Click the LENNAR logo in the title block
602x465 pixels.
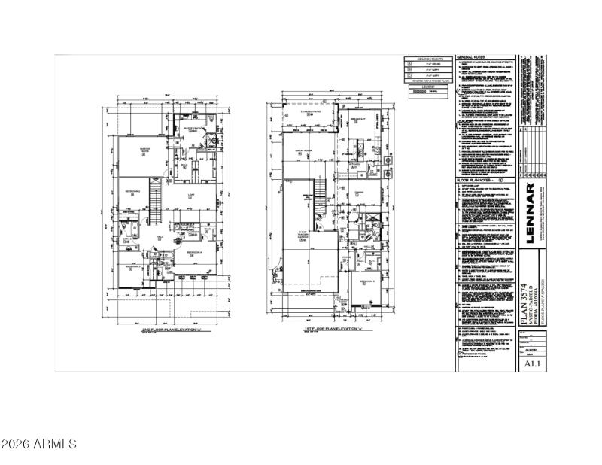point(531,223)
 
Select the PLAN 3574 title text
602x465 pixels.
point(524,304)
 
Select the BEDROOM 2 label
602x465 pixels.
point(133,192)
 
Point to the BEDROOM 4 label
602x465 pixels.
point(195,252)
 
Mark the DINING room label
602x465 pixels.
point(359,192)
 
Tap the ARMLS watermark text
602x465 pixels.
point(39,444)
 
